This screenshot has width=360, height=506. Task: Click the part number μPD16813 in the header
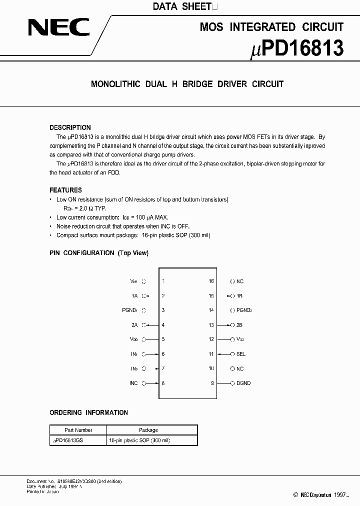coord(296,49)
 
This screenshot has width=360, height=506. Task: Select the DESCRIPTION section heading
coord(70,127)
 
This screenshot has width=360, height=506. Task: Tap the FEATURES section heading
coord(65,190)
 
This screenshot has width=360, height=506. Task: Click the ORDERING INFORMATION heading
coord(88,412)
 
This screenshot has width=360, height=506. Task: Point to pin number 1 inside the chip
coord(163,281)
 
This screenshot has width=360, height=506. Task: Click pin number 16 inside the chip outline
coord(211,281)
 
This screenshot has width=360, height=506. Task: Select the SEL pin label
coord(241,354)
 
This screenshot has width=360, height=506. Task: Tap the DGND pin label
coord(243,383)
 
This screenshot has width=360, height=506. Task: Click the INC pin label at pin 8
coord(133,383)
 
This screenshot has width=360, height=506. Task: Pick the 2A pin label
coord(134,325)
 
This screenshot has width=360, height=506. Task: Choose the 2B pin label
coord(240,325)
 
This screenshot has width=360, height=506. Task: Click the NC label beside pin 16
coord(240,281)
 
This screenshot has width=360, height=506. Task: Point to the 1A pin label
coord(134,296)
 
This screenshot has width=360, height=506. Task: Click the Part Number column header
coord(78,430)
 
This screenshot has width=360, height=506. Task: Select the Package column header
coord(148,430)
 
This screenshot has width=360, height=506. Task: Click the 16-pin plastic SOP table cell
coord(139,440)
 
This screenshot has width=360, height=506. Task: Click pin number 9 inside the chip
coord(212,383)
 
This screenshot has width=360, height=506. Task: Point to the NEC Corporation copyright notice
coord(320,495)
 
